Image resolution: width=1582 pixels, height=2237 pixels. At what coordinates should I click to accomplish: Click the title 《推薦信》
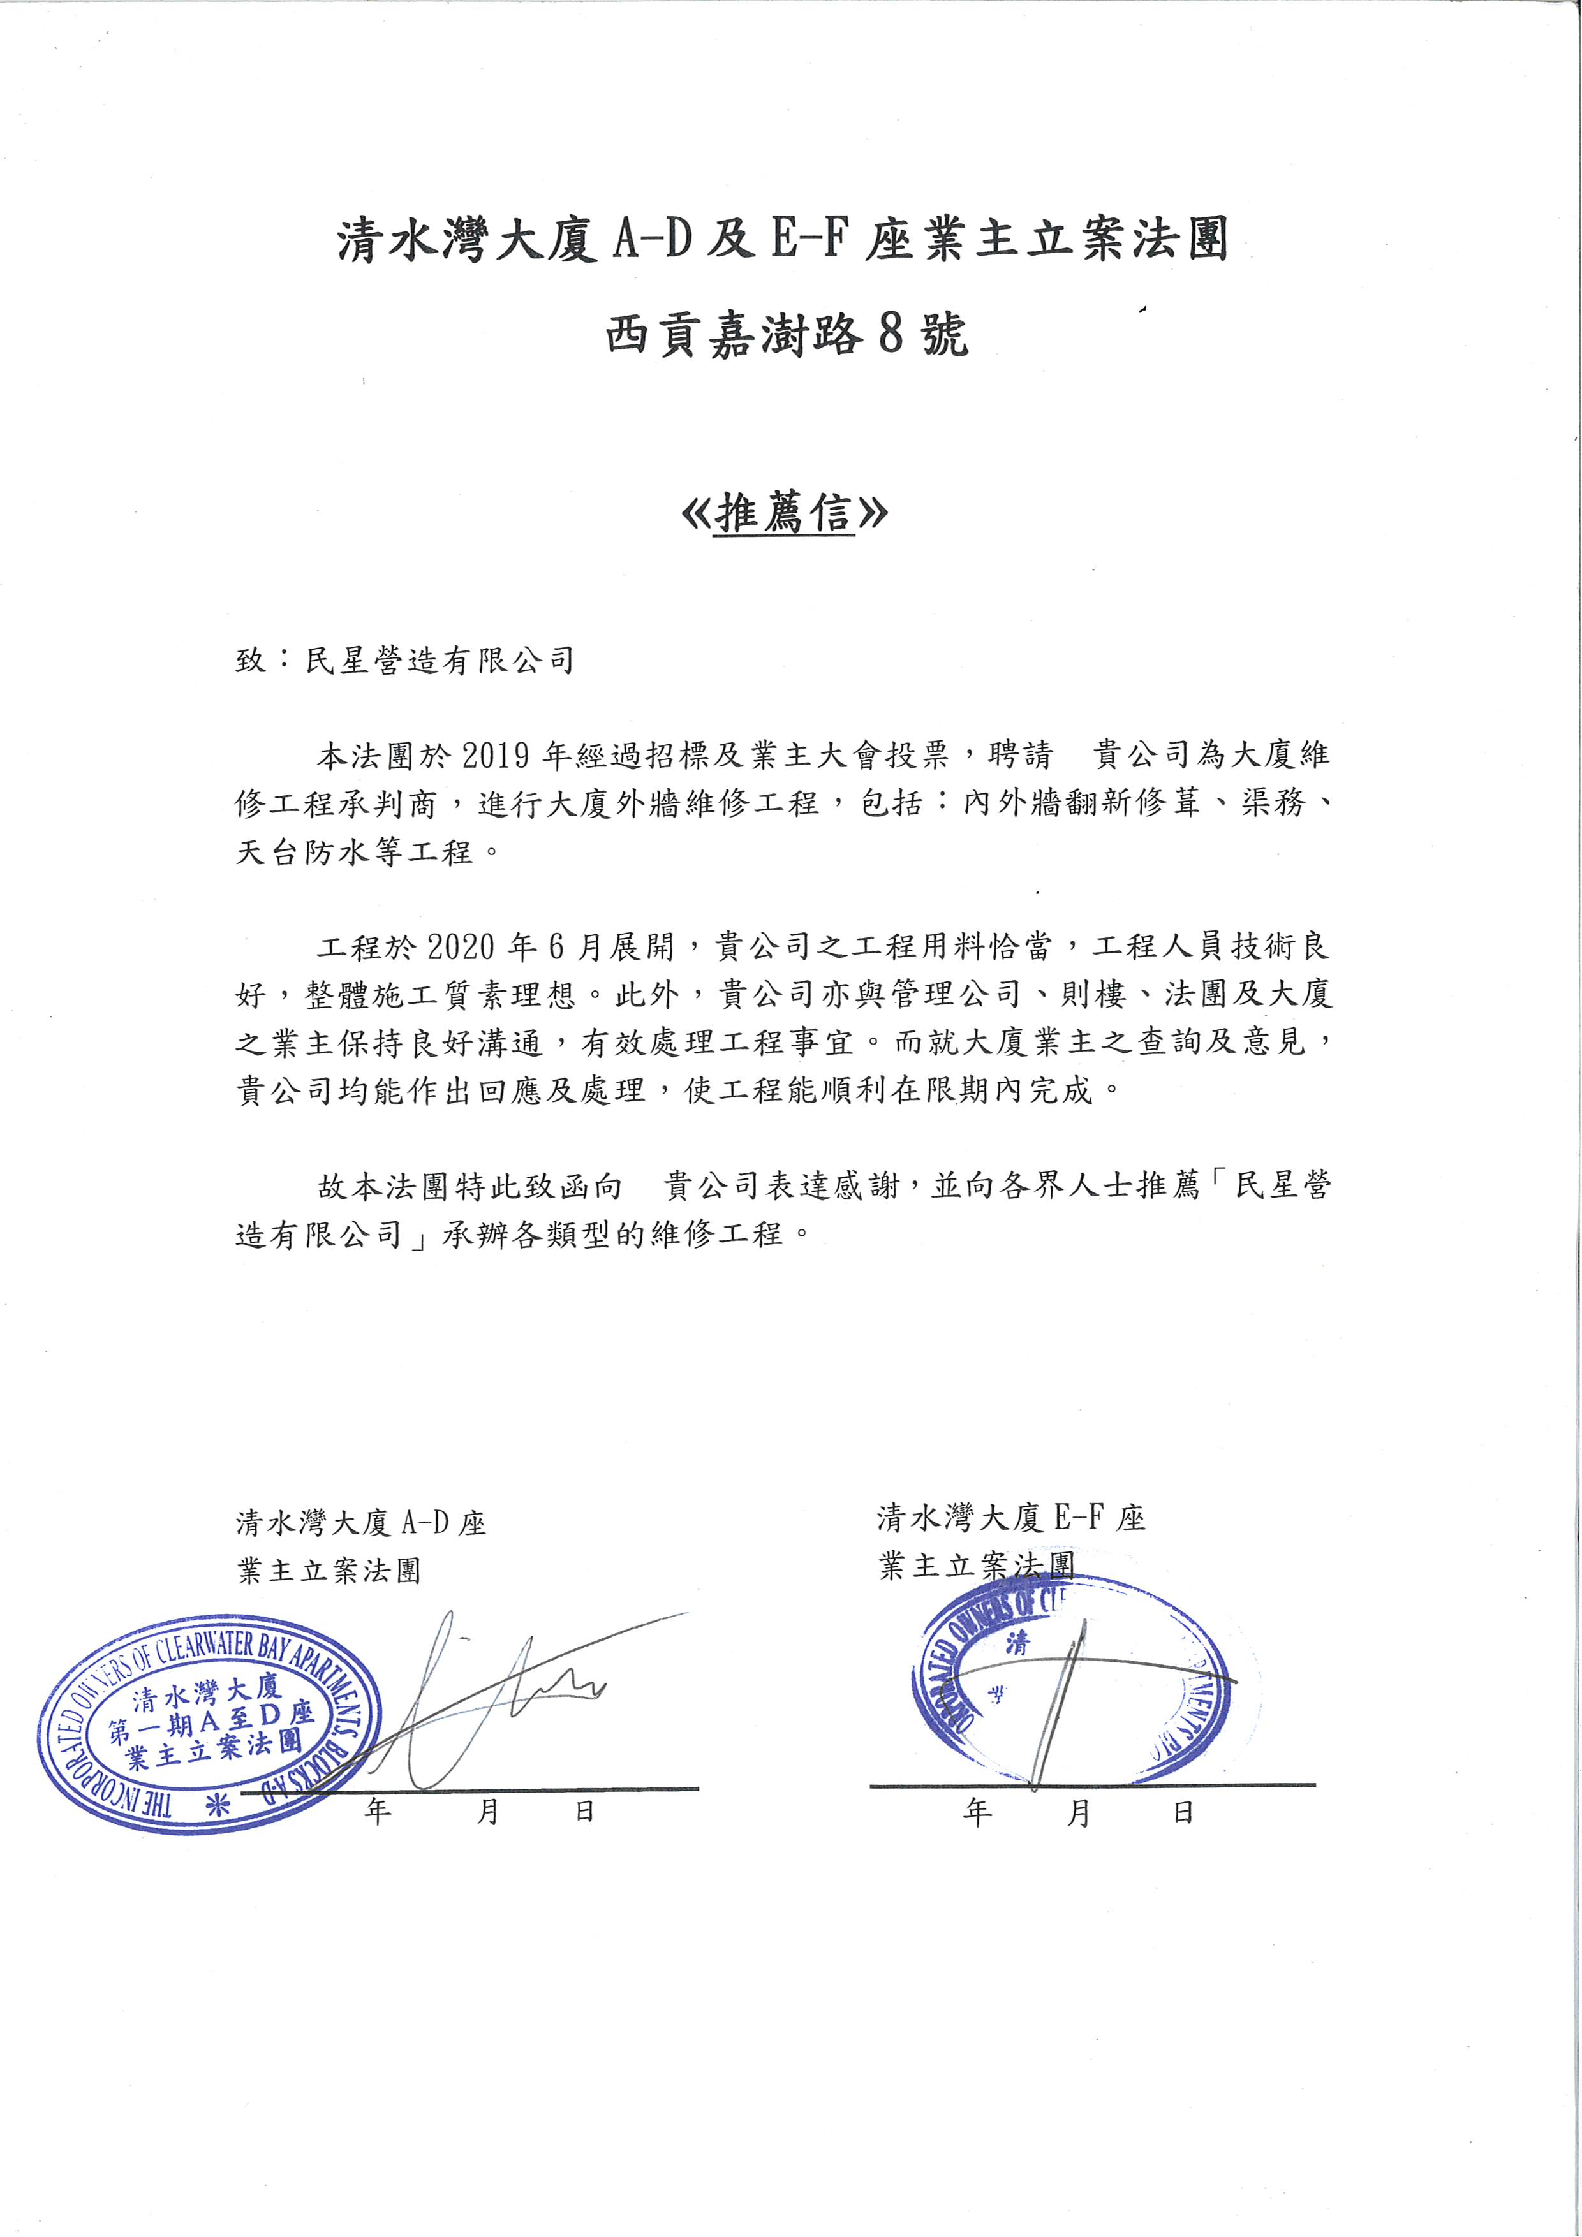[785, 513]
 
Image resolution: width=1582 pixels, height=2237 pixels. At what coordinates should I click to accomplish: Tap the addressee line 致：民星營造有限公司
[404, 661]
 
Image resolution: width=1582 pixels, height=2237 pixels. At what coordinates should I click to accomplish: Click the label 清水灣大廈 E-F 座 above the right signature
[1011, 1518]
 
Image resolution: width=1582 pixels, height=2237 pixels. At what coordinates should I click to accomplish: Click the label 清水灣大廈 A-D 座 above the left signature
[360, 1523]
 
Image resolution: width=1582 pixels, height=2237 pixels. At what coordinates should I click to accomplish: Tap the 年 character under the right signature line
[977, 1812]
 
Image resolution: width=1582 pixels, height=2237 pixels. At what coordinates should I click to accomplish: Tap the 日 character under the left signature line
[585, 1811]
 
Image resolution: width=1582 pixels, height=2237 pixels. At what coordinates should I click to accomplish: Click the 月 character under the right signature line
[1079, 1812]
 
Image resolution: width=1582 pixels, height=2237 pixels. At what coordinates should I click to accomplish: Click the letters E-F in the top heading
[806, 240]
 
